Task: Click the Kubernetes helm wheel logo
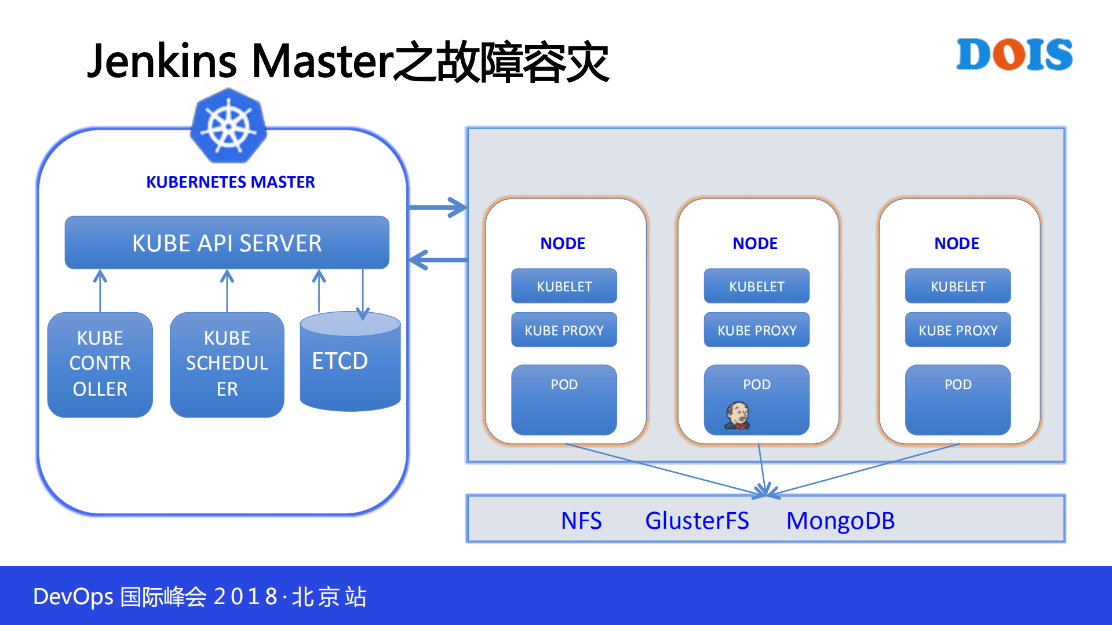(228, 126)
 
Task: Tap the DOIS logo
(1014, 54)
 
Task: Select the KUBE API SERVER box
(227, 243)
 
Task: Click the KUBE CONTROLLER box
(100, 364)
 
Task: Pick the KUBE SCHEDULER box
(227, 364)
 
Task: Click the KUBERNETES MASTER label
(230, 182)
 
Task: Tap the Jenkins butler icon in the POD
(737, 416)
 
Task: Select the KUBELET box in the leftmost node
(564, 286)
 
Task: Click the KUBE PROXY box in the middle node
(756, 330)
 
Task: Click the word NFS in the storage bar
(581, 520)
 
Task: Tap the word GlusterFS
(697, 520)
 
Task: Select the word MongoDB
(840, 520)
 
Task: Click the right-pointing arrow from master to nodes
(438, 207)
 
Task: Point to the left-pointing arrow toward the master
(438, 259)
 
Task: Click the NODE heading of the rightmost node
(956, 243)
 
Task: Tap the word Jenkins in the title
(162, 61)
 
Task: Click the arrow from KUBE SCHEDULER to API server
(227, 290)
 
